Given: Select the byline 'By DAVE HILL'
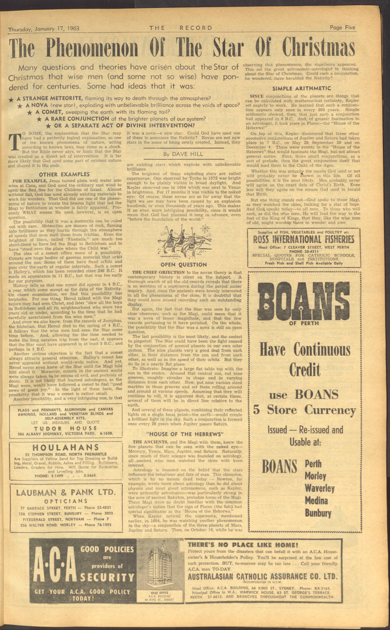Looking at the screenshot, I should [183, 154].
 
